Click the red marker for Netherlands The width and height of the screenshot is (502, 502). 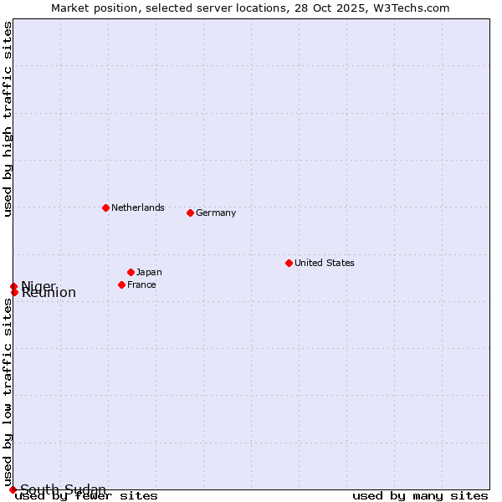(x=105, y=207)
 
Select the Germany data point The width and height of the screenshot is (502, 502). (x=190, y=213)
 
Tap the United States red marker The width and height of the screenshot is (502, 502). (x=289, y=263)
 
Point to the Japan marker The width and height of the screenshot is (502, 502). (x=131, y=272)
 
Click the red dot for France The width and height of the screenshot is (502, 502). (x=121, y=284)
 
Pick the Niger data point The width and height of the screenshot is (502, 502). (x=13, y=286)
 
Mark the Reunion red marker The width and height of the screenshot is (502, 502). (x=14, y=292)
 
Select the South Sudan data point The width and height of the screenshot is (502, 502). (x=13, y=489)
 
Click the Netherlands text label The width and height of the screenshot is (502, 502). (x=138, y=207)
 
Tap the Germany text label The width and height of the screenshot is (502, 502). (x=216, y=213)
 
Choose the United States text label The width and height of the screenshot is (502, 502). (x=325, y=263)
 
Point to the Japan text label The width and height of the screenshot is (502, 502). (x=149, y=272)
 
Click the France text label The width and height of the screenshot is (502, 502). (x=141, y=284)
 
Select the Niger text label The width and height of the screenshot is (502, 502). (x=38, y=285)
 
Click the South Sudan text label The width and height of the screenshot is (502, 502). (x=63, y=489)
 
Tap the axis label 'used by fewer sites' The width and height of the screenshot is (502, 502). (x=87, y=496)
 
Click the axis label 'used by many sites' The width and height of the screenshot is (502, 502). (x=420, y=496)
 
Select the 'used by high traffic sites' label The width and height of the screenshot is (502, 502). (x=8, y=119)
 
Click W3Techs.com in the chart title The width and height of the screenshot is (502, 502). (x=416, y=8)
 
